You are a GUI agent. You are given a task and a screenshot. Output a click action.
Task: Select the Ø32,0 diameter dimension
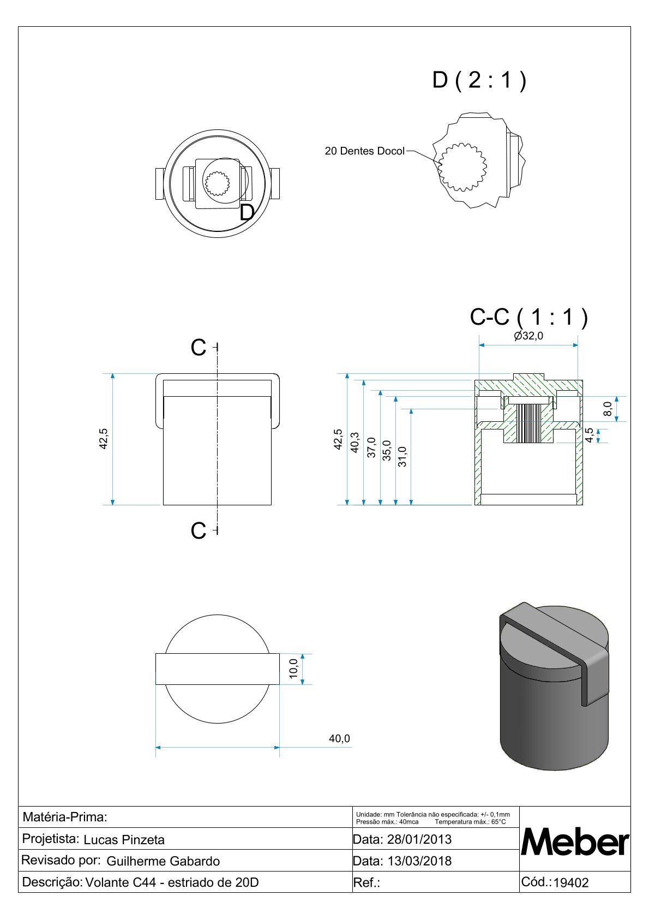[528, 336]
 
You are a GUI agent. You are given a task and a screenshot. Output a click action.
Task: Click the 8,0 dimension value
[608, 408]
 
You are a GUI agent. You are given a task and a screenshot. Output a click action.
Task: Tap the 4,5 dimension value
[589, 435]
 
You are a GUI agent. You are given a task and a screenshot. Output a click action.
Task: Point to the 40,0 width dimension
[339, 738]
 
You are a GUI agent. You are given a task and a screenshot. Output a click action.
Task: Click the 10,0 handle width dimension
[293, 669]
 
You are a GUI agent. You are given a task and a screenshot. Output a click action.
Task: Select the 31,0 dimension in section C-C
[402, 456]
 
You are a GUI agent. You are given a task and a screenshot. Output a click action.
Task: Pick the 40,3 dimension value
[354, 442]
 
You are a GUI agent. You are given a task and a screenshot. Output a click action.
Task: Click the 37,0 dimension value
[371, 447]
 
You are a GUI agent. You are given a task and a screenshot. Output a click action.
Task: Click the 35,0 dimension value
[387, 451]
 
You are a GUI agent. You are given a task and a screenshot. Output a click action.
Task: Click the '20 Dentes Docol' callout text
[364, 151]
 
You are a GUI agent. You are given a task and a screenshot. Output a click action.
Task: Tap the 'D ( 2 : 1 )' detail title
[479, 80]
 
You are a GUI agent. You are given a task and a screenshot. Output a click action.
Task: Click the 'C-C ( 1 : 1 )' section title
[528, 317]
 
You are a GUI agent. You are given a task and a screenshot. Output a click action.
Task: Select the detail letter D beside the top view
[247, 213]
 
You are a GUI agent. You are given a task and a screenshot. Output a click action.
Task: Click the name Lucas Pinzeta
[124, 840]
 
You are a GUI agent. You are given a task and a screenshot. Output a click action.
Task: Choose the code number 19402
[571, 883]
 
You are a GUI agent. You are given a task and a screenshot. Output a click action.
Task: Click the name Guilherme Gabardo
[163, 862]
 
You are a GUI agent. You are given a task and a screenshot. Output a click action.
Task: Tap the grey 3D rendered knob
[554, 688]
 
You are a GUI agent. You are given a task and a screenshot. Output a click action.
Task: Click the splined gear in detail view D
[463, 167]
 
